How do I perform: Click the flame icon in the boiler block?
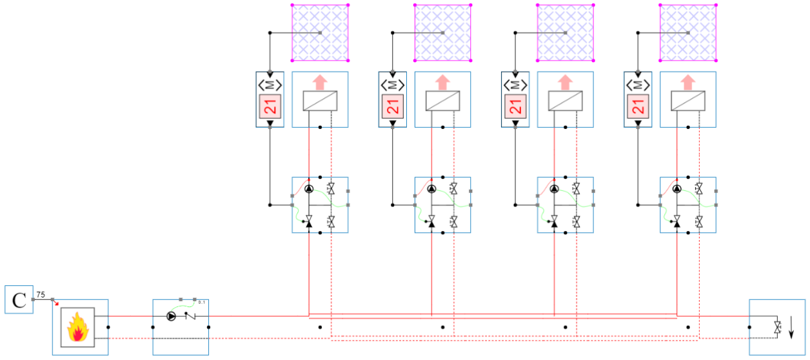pyautogui.click(x=77, y=327)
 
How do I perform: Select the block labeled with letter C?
pyautogui.click(x=19, y=299)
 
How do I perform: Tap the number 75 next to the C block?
pyautogui.click(x=40, y=294)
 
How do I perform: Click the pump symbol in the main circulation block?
pyautogui.click(x=171, y=316)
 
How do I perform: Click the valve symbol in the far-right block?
pyautogui.click(x=778, y=327)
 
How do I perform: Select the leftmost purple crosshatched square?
pyautogui.click(x=320, y=33)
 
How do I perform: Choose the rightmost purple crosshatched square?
pyautogui.click(x=687, y=33)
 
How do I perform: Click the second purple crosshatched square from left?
pyautogui.click(x=442, y=33)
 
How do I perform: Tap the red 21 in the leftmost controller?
pyautogui.click(x=270, y=106)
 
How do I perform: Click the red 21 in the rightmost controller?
pyautogui.click(x=638, y=106)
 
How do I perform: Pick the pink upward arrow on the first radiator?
pyautogui.click(x=320, y=82)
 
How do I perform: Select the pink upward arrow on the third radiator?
pyautogui.click(x=565, y=82)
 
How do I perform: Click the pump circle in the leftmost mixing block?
pyautogui.click(x=309, y=189)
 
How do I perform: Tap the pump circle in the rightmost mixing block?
pyautogui.click(x=677, y=189)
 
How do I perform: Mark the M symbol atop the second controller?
pyautogui.click(x=393, y=85)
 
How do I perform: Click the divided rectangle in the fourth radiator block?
pyautogui.click(x=687, y=101)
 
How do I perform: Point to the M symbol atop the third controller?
pyautogui.click(x=515, y=85)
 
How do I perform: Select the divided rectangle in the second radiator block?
pyautogui.click(x=442, y=101)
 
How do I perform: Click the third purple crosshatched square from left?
pyautogui.click(x=565, y=33)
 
